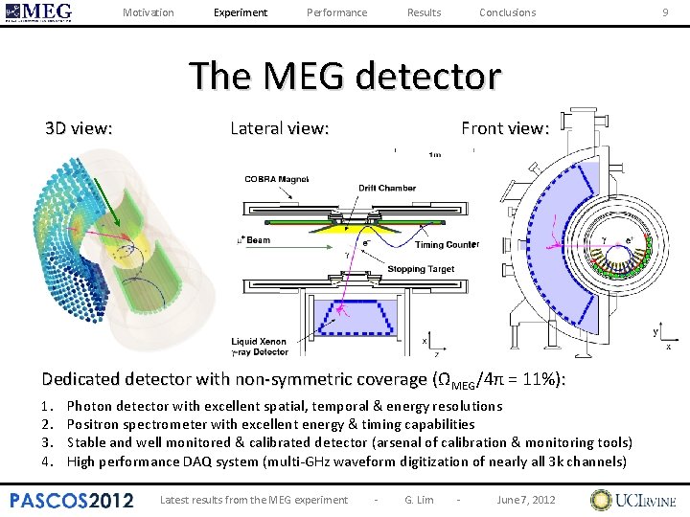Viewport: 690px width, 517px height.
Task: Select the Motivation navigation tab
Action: click(149, 12)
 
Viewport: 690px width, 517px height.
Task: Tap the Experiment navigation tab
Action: click(241, 12)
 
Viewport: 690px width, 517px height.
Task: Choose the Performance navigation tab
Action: click(336, 12)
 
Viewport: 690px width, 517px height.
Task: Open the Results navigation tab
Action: click(424, 12)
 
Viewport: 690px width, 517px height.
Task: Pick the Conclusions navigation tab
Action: click(507, 12)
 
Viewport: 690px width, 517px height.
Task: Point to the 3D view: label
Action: click(80, 127)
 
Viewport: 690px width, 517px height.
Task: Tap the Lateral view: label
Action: click(280, 127)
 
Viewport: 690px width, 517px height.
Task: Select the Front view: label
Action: click(505, 127)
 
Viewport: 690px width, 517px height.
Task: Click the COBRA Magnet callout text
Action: click(276, 178)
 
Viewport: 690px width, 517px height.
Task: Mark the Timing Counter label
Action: click(448, 245)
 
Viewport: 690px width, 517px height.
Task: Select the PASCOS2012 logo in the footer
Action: click(72, 499)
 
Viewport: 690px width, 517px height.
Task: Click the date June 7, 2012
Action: click(526, 500)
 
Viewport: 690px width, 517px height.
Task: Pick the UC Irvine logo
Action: click(633, 500)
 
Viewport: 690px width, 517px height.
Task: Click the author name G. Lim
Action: click(419, 500)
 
